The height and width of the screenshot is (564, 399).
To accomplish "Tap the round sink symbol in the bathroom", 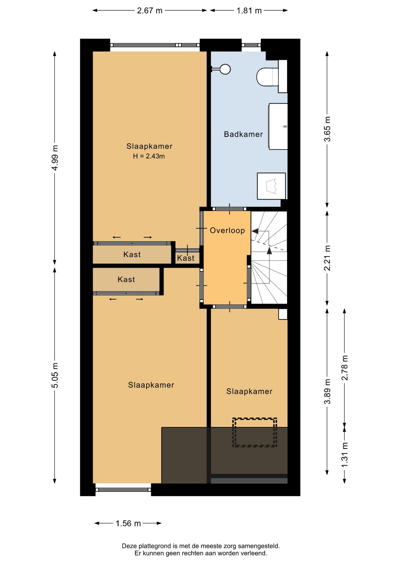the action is click(x=225, y=69).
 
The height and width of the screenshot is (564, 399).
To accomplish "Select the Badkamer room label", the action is click(x=243, y=134).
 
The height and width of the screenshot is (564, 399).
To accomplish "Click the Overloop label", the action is click(x=227, y=230).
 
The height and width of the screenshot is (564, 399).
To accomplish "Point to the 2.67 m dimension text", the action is click(x=150, y=11).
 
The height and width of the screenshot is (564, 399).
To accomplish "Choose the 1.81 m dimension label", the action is click(x=249, y=11).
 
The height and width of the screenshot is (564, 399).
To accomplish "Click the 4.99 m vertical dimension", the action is click(x=55, y=158).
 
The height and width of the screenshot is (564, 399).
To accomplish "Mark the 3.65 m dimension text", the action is click(x=327, y=129).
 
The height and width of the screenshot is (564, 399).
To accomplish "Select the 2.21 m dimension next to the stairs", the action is click(x=327, y=258).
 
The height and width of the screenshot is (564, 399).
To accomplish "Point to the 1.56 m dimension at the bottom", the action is click(x=128, y=523).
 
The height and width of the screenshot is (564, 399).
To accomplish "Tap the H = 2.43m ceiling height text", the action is click(x=149, y=156).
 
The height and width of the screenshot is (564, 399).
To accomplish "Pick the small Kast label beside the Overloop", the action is click(x=185, y=258).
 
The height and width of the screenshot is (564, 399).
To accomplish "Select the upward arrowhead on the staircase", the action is click(x=269, y=250).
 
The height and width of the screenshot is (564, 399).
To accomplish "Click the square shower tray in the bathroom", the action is click(x=271, y=186).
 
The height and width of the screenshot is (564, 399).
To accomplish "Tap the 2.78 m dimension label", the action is click(x=345, y=367).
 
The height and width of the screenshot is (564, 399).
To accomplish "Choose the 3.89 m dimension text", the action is click(x=327, y=391).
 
